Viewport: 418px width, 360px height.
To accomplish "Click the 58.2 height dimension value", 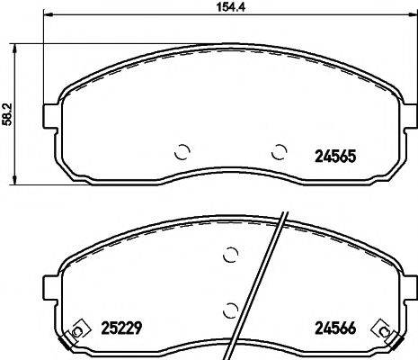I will pos(8,114).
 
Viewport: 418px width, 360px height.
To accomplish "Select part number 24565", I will pos(334,154).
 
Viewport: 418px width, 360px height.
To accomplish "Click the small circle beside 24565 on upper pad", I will pos(280,150).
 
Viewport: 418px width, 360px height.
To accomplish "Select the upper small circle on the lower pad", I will pos(230,255).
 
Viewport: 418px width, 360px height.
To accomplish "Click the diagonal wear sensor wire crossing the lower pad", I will pos(261,279).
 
